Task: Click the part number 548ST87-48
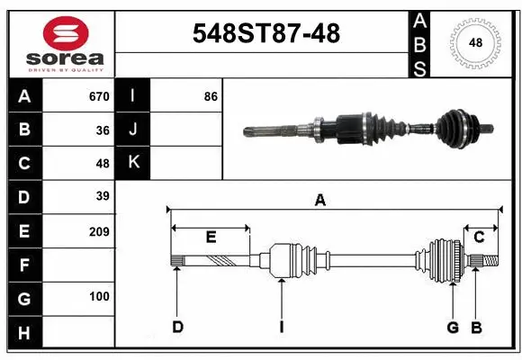click(x=267, y=33)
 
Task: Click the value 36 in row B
click(x=103, y=130)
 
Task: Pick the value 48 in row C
click(x=103, y=164)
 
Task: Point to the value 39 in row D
click(x=103, y=195)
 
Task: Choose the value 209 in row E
click(x=99, y=231)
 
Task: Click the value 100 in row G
click(x=99, y=296)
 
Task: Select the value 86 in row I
click(x=211, y=96)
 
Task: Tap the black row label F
click(x=24, y=265)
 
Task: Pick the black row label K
click(x=133, y=163)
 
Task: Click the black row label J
click(x=133, y=130)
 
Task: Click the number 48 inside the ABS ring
click(x=473, y=41)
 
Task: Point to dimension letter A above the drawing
click(x=319, y=201)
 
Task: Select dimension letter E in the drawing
click(x=211, y=238)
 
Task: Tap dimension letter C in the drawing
click(x=480, y=238)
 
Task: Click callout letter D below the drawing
click(x=177, y=327)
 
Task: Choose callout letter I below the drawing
click(x=281, y=327)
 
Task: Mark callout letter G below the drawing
click(x=453, y=327)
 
